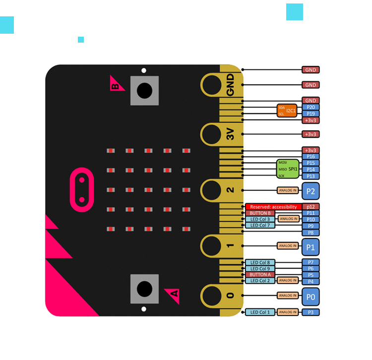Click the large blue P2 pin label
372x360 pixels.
[310, 191]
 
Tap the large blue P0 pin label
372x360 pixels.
[310, 297]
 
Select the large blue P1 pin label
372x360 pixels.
[310, 247]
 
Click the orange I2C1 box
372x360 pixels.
[287, 111]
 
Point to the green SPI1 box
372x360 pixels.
[288, 169]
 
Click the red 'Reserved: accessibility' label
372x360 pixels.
[273, 207]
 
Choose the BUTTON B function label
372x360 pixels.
[260, 213]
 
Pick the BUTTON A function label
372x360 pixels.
[260, 274]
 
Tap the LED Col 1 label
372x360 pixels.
[260, 312]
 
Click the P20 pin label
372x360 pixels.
[310, 107]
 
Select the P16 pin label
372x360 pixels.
[310, 157]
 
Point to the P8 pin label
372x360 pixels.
[310, 233]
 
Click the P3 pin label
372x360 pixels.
[310, 312]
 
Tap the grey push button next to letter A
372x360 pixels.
[144, 289]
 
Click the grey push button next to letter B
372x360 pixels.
[144, 91]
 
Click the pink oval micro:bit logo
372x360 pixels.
[82, 190]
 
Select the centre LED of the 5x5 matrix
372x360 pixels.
[148, 190]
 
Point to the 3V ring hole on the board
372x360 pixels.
[212, 134]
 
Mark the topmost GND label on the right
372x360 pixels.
[310, 70]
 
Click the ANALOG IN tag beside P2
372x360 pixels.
[288, 190]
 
